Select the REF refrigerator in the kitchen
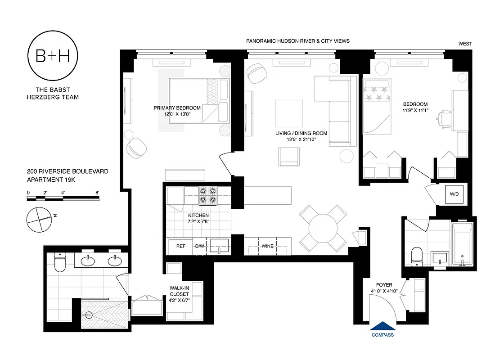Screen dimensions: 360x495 click(180, 246)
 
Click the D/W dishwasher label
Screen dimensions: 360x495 click(200, 246)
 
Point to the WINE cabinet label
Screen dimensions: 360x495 click(267, 246)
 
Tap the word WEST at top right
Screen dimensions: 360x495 click(465, 44)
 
